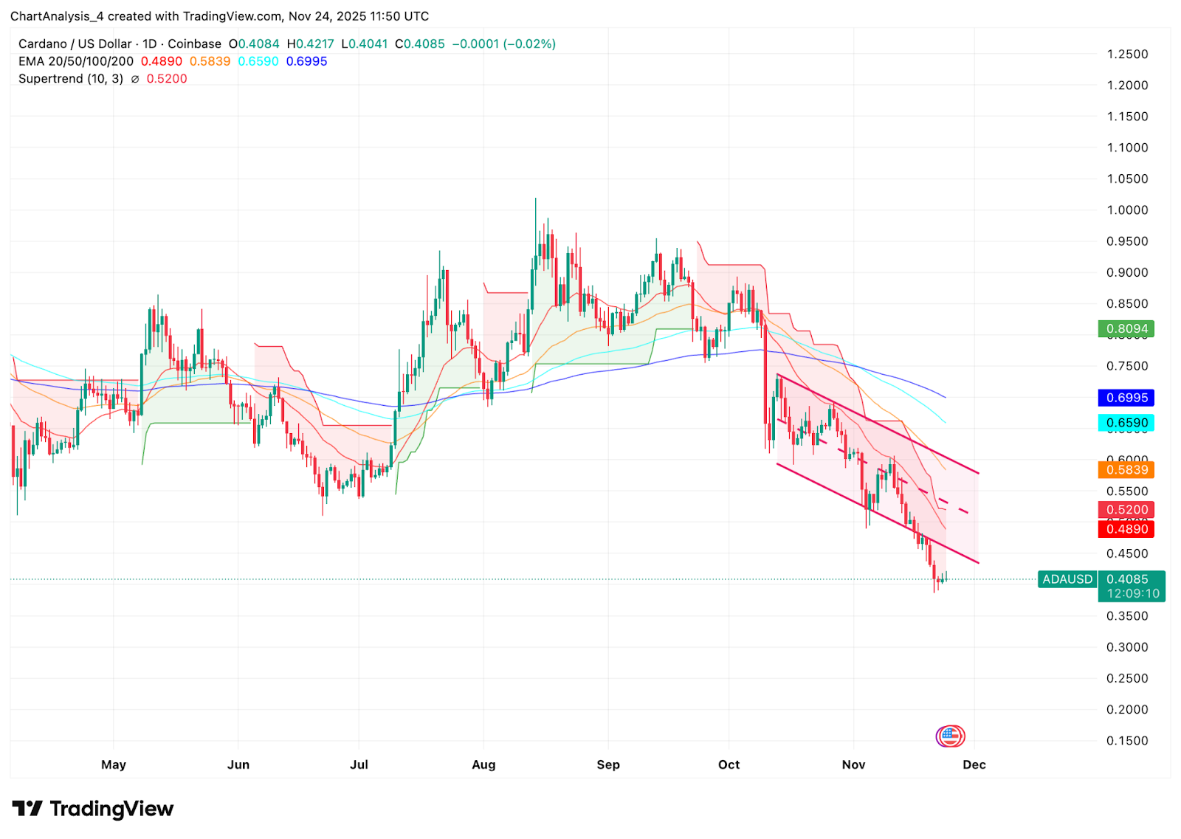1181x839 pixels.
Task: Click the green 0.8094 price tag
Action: click(x=1126, y=329)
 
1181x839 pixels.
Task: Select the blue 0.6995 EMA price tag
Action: click(x=1126, y=398)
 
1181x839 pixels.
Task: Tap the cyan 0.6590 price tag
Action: click(x=1126, y=423)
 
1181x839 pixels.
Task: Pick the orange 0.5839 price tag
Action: click(x=1126, y=470)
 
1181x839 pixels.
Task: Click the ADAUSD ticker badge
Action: click(x=1067, y=579)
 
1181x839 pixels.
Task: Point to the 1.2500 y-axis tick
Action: click(x=1127, y=54)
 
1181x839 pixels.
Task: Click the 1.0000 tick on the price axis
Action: click(x=1127, y=210)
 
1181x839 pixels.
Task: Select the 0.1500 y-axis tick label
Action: click(x=1127, y=741)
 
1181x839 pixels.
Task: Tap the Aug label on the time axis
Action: click(x=483, y=764)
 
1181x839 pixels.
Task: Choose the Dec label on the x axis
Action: click(x=974, y=764)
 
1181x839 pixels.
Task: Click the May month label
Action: click(x=114, y=764)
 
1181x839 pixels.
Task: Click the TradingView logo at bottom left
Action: click(x=93, y=809)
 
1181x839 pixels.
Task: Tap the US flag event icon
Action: click(x=951, y=736)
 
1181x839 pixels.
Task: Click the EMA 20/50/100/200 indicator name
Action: click(x=76, y=61)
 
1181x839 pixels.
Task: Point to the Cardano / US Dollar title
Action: click(x=75, y=44)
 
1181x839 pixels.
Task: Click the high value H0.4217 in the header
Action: click(x=310, y=44)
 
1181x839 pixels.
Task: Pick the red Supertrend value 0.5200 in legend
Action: click(x=167, y=79)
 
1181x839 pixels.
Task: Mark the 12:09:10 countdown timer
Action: click(x=1133, y=593)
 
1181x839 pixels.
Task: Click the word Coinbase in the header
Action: click(x=194, y=44)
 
